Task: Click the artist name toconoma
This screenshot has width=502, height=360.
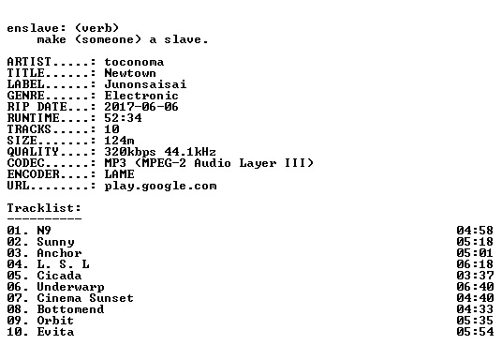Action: (x=134, y=62)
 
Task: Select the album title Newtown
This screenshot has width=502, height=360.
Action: (x=130, y=73)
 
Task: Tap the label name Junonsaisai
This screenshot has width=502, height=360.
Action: (x=145, y=84)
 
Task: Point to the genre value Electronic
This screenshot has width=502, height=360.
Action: (x=141, y=96)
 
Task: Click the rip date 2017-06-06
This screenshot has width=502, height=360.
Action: (x=141, y=107)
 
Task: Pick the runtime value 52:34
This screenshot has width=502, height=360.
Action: (x=123, y=118)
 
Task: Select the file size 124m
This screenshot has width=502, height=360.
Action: (x=119, y=141)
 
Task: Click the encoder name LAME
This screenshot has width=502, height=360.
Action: (x=119, y=174)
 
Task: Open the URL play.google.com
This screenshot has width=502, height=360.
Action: (x=160, y=186)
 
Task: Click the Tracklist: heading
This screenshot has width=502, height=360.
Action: (x=44, y=208)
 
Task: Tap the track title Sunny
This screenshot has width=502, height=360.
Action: (x=55, y=242)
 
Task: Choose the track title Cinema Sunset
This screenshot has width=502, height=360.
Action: (x=85, y=298)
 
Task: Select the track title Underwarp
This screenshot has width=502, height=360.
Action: (x=71, y=287)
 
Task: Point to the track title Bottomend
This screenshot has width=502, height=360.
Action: (x=71, y=309)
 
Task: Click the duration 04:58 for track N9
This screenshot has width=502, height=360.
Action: (x=475, y=231)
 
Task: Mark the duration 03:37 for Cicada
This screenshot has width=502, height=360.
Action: (x=475, y=276)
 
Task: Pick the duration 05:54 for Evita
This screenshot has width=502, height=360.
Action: (x=475, y=332)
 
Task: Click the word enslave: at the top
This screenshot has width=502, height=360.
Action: (x=37, y=28)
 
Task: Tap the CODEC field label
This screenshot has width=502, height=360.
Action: (x=25, y=163)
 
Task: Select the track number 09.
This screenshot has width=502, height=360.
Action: (x=14, y=321)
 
